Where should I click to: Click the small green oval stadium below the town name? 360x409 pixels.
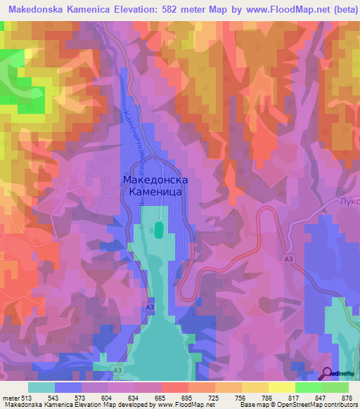(x=159, y=229)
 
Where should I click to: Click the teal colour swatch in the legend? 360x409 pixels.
(x=41, y=387)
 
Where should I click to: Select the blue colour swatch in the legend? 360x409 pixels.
(x=68, y=387)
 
